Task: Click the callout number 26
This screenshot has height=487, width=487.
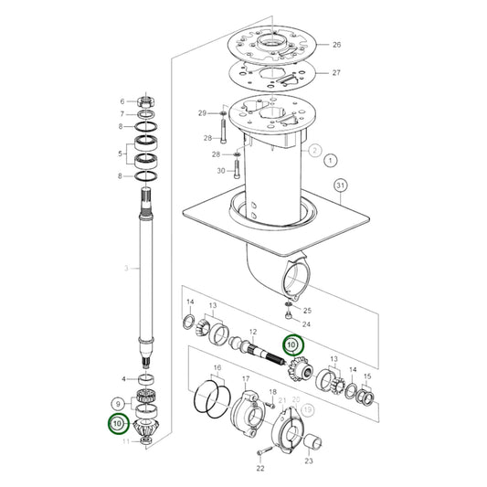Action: tap(336, 45)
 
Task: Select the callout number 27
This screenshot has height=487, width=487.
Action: tap(336, 74)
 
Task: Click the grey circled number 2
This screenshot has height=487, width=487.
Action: tap(313, 150)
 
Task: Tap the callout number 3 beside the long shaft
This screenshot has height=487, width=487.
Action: tap(127, 269)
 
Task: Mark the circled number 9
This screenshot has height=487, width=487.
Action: tap(117, 403)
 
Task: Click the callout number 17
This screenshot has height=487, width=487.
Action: tap(246, 377)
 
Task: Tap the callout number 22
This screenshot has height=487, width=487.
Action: tap(259, 469)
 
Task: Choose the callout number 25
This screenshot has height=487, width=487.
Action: tap(308, 311)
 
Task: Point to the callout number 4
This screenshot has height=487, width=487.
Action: tap(125, 377)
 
